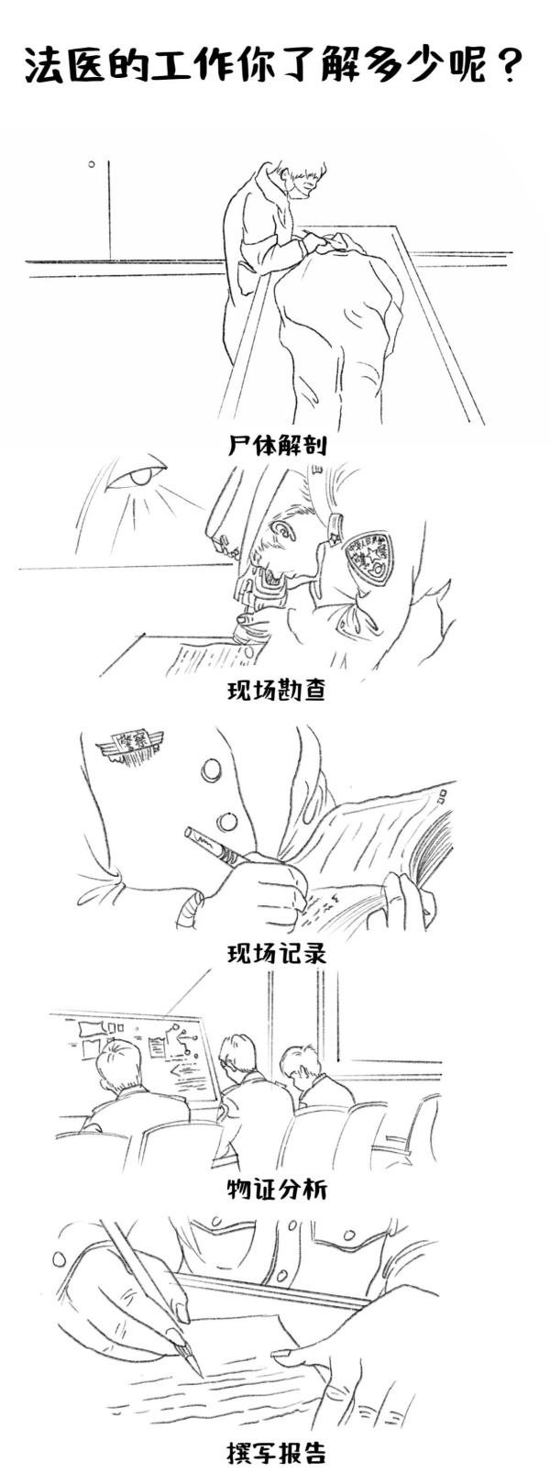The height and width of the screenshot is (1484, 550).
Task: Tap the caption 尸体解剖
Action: pyautogui.click(x=278, y=445)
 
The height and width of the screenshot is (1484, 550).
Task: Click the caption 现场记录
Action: pyautogui.click(x=277, y=953)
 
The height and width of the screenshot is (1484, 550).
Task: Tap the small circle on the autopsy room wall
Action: pyautogui.click(x=92, y=163)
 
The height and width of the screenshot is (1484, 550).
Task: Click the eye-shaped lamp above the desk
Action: pyautogui.click(x=139, y=476)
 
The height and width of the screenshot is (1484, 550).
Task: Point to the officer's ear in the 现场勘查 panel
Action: pyautogui.click(x=284, y=531)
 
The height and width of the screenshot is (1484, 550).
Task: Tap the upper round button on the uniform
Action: pyautogui.click(x=212, y=770)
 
